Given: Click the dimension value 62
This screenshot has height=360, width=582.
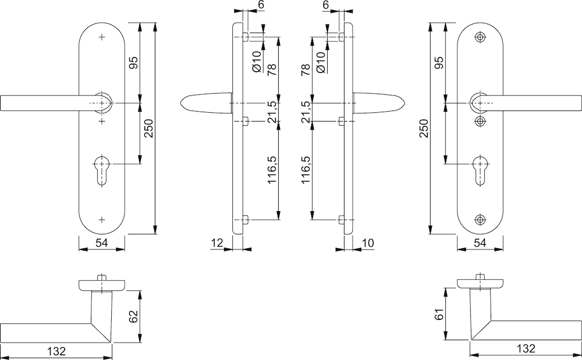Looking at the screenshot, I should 133,317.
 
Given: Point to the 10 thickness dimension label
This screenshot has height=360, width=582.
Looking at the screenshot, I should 367,242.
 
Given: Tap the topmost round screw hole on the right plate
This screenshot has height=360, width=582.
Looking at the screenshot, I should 480,37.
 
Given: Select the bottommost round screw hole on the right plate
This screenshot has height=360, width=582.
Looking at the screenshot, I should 480,219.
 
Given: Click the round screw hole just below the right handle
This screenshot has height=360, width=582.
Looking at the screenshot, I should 480,120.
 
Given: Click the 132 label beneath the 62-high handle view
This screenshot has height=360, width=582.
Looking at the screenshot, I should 56,351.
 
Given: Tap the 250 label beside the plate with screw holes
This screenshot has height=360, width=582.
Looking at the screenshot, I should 423,128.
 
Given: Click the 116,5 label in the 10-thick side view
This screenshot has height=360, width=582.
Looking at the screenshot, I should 306,170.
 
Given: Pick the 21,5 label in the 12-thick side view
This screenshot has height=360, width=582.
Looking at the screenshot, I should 271,112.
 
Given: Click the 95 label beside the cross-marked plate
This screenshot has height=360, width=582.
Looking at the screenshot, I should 133,63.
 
